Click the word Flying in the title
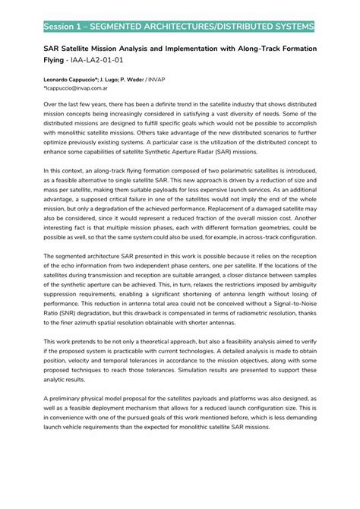click(x=54, y=58)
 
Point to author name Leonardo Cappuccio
click(x=74, y=80)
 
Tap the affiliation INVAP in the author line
click(x=176, y=80)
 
